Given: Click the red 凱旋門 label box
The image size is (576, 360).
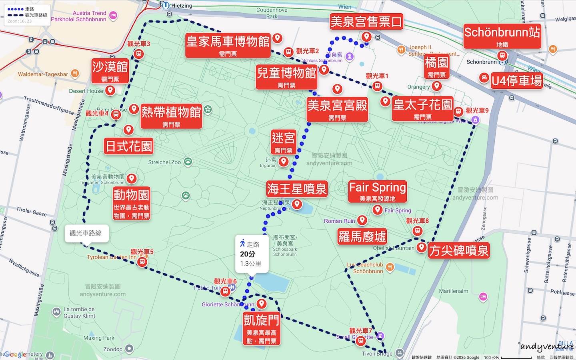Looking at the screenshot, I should tap(262, 328).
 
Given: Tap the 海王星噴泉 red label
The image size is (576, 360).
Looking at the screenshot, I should tap(297, 189).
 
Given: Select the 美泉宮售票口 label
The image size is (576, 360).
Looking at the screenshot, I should tap(366, 22).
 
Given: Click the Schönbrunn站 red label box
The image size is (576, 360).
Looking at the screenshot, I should tap(502, 36).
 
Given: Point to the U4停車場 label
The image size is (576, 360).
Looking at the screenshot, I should tap(516, 81).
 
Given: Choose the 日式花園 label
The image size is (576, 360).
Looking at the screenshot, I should tap(128, 146).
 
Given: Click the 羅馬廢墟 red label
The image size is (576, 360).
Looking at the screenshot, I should tap(362, 236).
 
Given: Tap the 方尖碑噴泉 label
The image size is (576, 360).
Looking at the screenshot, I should tap(459, 250).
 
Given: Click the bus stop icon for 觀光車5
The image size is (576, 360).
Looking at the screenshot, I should tap(142, 262).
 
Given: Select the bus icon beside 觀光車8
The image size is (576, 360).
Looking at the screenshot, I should tap(418, 231).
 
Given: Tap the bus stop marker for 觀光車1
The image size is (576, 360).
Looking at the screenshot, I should tap(377, 86).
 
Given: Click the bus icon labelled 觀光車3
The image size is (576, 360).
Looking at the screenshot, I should tap(139, 54).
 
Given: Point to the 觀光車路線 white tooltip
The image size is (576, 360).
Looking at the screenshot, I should tap(86, 233).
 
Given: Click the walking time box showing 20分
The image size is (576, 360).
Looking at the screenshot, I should tap(251, 254).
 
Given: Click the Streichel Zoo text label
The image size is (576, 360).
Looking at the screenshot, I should tap(164, 162).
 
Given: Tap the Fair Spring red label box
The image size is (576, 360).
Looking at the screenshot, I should tap(377, 191).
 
